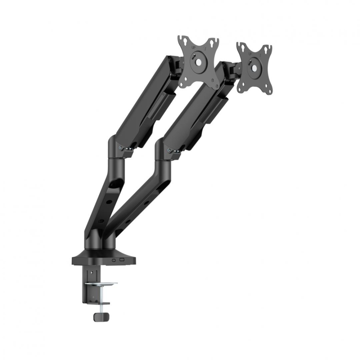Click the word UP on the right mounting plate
[x=249, y=53]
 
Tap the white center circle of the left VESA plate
[x=198, y=62]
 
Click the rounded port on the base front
[x=114, y=260]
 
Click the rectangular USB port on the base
[x=122, y=260]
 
